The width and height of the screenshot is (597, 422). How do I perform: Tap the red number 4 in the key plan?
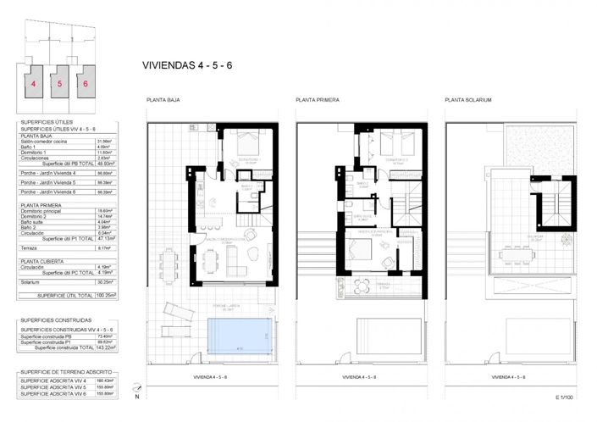33,84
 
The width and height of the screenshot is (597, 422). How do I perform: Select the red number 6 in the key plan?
86,84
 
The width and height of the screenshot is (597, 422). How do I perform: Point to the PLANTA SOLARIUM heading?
468,101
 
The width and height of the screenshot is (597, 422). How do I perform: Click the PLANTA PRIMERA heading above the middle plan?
318,101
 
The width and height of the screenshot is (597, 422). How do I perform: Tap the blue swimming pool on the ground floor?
241,333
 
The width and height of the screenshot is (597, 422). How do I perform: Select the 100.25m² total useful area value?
107,296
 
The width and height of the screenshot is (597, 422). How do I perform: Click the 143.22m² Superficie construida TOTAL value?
107,347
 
